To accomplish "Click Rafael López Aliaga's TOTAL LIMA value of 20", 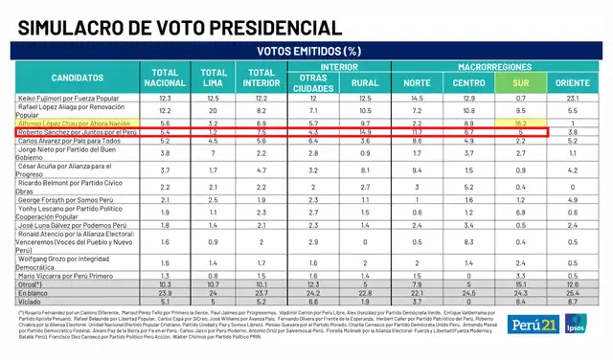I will click(215, 111).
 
